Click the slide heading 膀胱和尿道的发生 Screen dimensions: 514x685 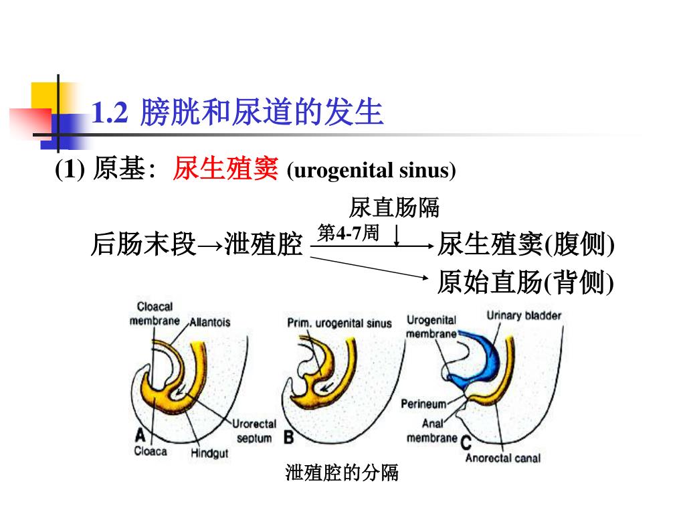point(262,113)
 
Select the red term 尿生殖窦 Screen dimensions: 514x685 point(225,169)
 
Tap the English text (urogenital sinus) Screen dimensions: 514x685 point(371,171)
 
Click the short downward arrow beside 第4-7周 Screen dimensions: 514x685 point(397,236)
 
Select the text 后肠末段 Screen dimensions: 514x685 point(142,246)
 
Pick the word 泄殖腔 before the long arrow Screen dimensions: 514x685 point(264,246)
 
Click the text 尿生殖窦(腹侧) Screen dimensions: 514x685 point(525,246)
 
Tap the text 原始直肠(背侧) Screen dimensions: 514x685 point(525,283)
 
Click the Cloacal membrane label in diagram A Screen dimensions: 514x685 point(155,313)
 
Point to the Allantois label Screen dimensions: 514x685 point(210,322)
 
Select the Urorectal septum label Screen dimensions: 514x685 point(254,431)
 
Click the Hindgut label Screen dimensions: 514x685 point(209,453)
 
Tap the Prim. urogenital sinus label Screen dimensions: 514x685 point(339,323)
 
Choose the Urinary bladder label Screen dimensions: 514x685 point(524,315)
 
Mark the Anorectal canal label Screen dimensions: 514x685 point(502,458)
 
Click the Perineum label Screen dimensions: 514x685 point(423,404)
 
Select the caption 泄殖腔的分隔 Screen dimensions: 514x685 point(342,473)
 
